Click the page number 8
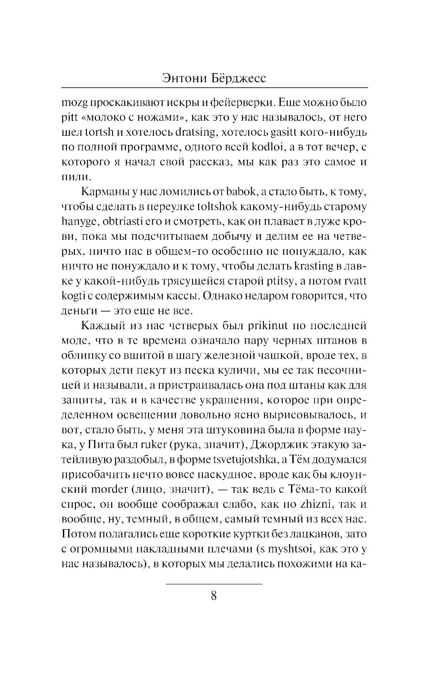214,596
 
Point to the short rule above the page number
214,584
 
